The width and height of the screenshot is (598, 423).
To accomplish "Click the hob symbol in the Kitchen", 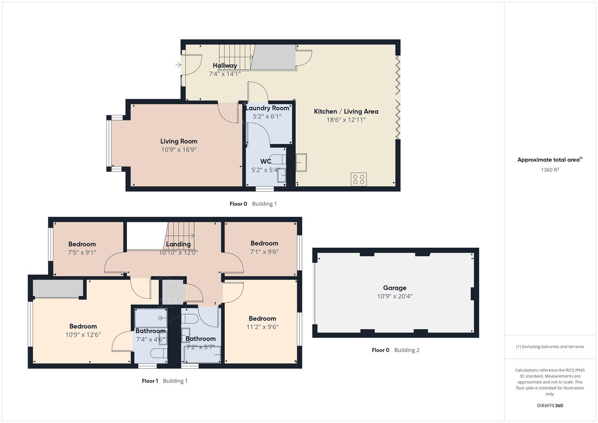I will coord(359,179).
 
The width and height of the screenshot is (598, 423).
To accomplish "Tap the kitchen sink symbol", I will coord(301,163).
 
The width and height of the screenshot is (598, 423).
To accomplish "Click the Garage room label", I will coord(394,288).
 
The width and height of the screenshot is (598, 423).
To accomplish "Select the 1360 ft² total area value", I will coord(549,170).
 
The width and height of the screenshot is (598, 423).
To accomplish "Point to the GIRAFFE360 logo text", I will coord(549,406).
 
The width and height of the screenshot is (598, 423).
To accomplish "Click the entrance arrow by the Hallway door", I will coord(178,65).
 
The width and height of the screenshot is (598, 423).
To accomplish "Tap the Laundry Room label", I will coord(267,108).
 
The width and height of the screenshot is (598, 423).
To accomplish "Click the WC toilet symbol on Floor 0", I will coord(278,159).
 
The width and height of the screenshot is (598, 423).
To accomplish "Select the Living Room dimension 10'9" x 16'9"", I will coord(179,150).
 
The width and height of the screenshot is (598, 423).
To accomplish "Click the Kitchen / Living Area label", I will coord(346,112).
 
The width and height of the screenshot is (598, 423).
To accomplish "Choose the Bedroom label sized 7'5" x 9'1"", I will coord(82,244).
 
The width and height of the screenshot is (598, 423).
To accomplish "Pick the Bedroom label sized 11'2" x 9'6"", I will coord(262,319).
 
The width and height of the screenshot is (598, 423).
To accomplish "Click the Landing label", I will coord(178,244).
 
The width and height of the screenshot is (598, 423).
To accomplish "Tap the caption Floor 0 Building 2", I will coord(395,350).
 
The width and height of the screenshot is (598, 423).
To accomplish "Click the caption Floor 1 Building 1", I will coord(164,381).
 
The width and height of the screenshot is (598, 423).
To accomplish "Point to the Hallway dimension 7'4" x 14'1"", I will coord(224,74).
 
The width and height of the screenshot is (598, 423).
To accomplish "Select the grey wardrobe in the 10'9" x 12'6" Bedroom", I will coord(58,289).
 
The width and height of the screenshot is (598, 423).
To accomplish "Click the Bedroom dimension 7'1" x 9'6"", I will coord(264,252).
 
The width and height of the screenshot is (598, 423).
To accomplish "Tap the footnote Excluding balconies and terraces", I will coord(549,347).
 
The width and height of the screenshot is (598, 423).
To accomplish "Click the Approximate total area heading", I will coord(549,160).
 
